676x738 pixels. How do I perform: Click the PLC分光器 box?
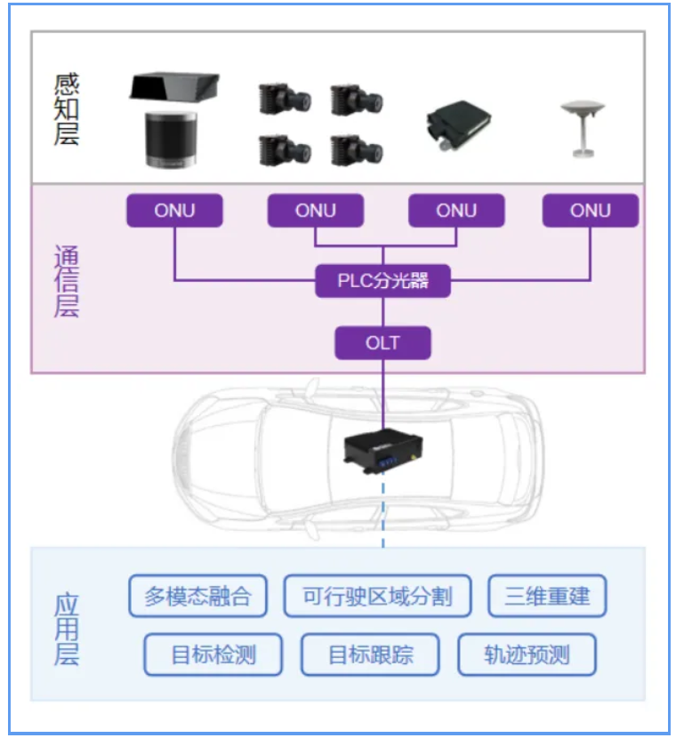(x=383, y=282)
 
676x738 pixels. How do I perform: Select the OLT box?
(x=383, y=342)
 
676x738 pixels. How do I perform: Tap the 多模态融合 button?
(x=197, y=596)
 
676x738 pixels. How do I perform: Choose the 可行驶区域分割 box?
(x=377, y=596)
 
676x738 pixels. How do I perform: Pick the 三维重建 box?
(x=547, y=596)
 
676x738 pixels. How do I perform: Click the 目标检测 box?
(x=213, y=655)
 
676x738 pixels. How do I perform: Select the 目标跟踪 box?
(x=371, y=655)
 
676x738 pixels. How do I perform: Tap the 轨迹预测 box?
(x=527, y=655)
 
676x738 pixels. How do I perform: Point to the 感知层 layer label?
(x=67, y=109)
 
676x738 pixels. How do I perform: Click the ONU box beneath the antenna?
(x=591, y=211)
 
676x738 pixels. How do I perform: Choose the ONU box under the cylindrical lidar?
(x=174, y=211)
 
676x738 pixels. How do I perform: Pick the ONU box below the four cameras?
(x=316, y=211)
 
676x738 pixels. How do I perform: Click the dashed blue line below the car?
(x=384, y=516)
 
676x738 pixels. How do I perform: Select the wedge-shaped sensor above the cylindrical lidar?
(x=174, y=87)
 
